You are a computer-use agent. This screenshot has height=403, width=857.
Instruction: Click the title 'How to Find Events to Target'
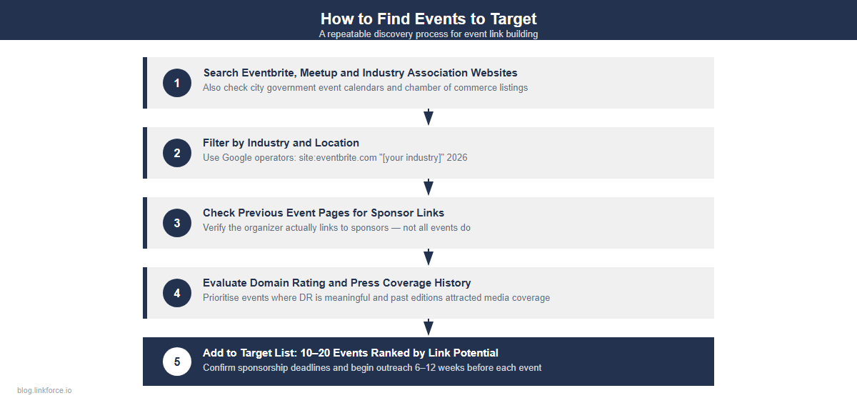[428, 19]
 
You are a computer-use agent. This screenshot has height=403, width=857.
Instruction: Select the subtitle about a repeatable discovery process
[428, 34]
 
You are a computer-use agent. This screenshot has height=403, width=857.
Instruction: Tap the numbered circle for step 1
[177, 83]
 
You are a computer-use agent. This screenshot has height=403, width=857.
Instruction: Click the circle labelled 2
[177, 153]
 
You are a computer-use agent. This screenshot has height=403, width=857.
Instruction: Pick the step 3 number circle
[177, 223]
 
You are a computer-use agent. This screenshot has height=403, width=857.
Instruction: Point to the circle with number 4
[177, 293]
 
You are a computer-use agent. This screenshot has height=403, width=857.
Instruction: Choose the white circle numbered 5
[177, 362]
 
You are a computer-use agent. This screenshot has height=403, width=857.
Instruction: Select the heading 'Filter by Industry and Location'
[281, 143]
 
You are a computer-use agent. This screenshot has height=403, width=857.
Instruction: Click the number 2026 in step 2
[456, 157]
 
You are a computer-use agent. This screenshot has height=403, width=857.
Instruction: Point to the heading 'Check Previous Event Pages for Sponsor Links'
[324, 213]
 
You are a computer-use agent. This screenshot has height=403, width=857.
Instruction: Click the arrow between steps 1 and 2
[428, 117]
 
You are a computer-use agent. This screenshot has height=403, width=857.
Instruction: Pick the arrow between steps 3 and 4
[428, 257]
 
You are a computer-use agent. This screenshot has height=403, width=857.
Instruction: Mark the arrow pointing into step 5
[428, 327]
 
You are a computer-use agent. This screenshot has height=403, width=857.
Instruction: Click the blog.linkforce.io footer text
[44, 390]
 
